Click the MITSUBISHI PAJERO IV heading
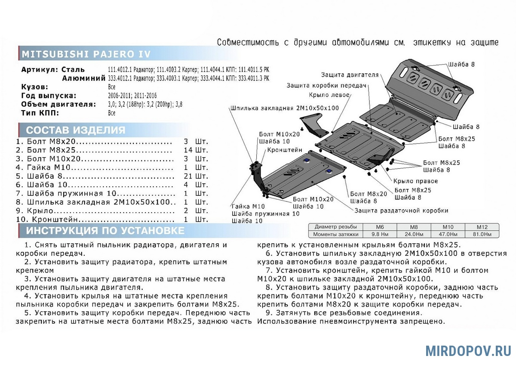[x=86, y=55]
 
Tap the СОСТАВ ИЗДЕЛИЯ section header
[x=76, y=130]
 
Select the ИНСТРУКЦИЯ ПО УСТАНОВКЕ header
[x=105, y=231]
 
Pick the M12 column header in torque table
[x=481, y=227]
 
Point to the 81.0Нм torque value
[x=481, y=234]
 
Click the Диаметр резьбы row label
[x=335, y=227]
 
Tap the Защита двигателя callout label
[x=350, y=75]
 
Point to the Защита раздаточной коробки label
[x=402, y=210]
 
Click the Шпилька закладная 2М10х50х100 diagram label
[x=285, y=108]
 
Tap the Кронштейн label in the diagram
[x=285, y=150]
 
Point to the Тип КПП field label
[x=40, y=113]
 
